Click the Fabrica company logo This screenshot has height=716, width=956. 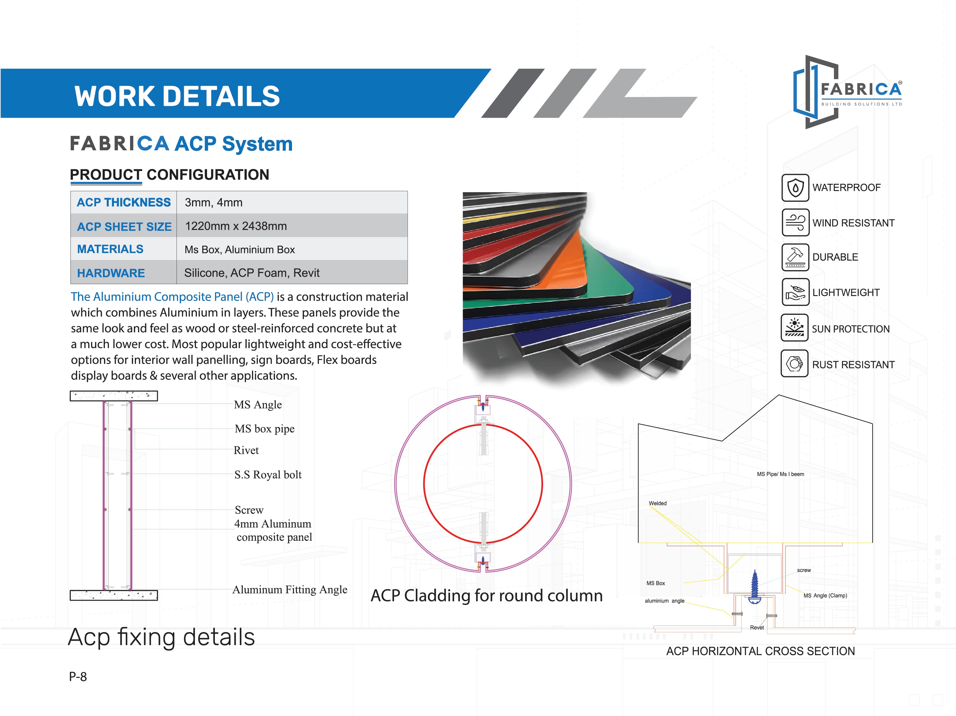[847, 92]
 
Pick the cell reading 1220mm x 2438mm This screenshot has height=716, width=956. [236, 226]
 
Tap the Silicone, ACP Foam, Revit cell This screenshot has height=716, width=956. [252, 273]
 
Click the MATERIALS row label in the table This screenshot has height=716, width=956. [110, 249]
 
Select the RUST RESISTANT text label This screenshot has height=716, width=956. [853, 365]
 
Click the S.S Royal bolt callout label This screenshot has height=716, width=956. [268, 475]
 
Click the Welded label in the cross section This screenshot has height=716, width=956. [657, 504]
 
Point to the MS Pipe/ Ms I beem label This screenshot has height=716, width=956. [780, 474]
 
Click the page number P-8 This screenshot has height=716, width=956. [78, 676]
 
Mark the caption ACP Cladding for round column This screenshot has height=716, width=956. [487, 595]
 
